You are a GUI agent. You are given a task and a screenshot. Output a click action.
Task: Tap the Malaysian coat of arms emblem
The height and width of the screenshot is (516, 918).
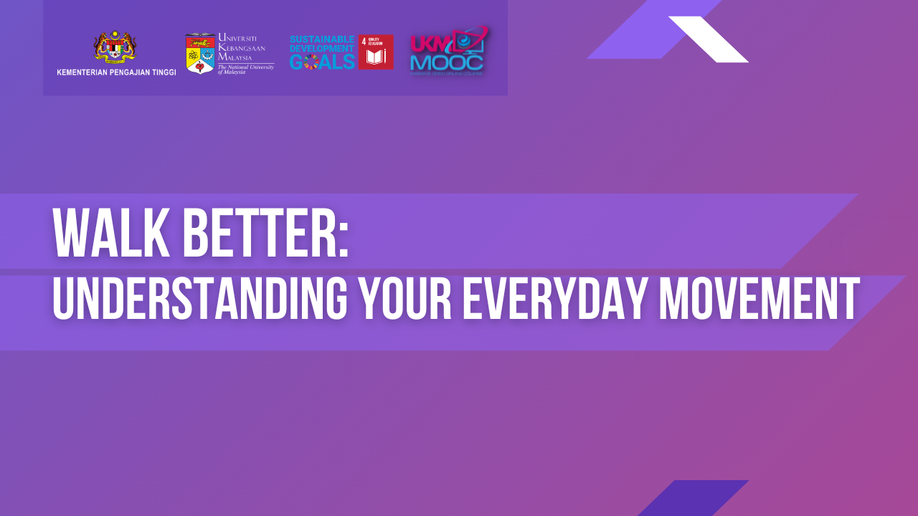[115, 48]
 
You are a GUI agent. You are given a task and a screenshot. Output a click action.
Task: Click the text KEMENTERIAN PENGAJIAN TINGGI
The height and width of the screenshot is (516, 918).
[116, 72]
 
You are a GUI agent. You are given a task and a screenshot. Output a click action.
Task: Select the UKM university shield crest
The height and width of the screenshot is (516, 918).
[200, 54]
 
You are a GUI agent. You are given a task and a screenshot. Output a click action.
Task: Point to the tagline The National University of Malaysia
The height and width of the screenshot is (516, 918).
[245, 69]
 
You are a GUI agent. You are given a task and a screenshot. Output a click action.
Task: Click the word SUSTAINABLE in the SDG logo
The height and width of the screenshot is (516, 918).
[322, 39]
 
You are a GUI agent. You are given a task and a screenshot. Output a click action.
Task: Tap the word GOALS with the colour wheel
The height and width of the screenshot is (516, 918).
[322, 62]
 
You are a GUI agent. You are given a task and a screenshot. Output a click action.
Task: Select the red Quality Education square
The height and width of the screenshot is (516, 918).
[376, 52]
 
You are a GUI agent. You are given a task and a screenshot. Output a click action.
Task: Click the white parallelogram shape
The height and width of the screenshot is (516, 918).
[709, 39]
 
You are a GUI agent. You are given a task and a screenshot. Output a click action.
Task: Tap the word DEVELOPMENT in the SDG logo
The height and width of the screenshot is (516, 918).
[322, 48]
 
